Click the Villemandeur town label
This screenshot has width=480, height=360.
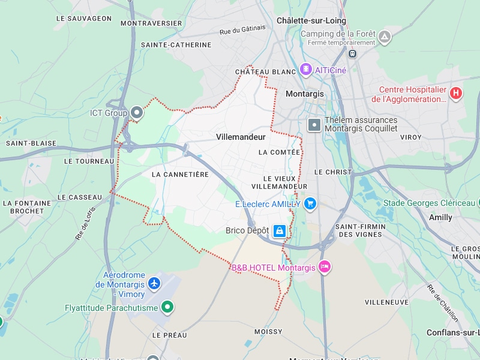pos(241,137)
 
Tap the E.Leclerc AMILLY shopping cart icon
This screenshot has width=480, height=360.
pos(310,204)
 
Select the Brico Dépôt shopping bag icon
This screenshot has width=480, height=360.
pos(280,230)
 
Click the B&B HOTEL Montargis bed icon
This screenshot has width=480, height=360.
pos(325,267)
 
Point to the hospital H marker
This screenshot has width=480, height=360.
pos(456,93)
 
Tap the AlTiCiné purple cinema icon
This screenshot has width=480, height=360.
pos(307,70)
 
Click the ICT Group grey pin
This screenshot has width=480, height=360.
pos(137,112)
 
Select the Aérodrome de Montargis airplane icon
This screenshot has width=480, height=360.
pos(155,283)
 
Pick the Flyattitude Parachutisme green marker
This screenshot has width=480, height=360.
pos(168,308)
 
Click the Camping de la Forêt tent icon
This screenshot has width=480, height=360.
pos(385,37)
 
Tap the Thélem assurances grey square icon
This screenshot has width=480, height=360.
pos(314,125)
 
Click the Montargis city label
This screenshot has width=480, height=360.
pos(304,94)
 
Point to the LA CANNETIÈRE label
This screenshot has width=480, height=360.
pos(180,174)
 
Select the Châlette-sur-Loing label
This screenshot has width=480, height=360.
pos(311,20)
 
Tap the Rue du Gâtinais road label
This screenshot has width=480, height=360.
pos(242,30)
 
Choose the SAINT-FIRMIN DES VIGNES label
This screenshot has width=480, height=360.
pos(360,230)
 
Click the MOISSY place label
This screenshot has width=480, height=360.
pos(268,331)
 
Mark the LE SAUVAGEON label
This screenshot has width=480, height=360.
pos(84,19)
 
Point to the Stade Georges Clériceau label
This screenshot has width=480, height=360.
pos(429,203)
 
